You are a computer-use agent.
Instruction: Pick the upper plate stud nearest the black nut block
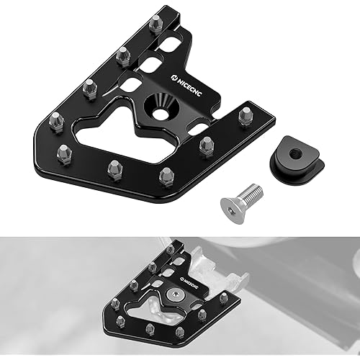[x=246, y=114]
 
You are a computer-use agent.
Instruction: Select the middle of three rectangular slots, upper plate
[x=150, y=66]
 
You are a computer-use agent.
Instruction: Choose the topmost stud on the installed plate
[x=169, y=249]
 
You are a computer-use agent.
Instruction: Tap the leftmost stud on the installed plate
[x=115, y=305]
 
